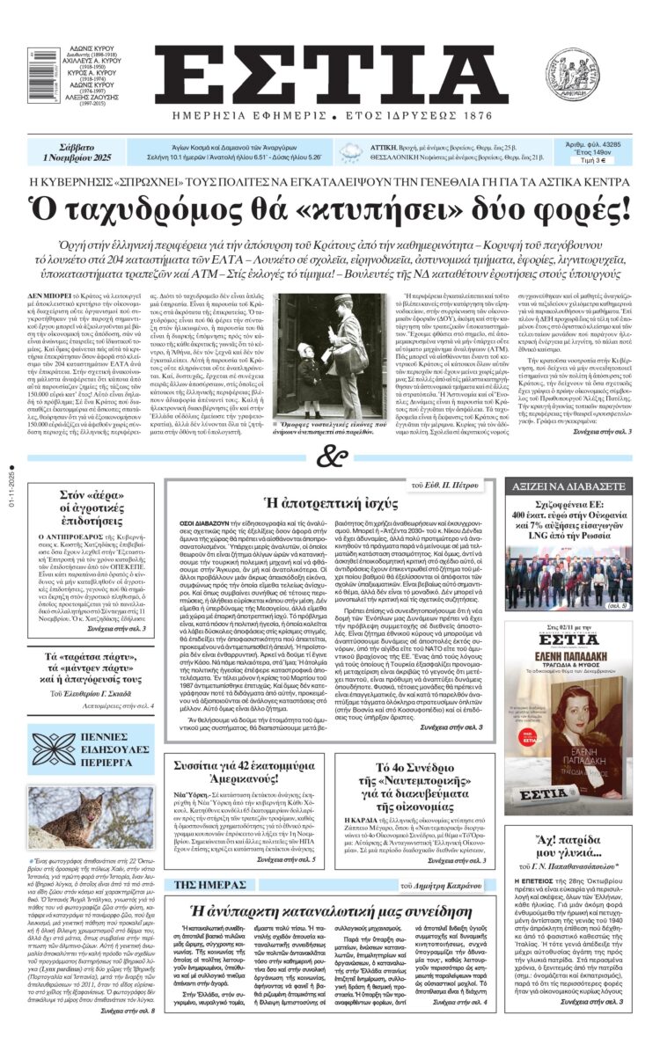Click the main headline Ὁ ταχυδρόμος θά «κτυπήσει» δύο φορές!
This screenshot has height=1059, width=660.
coord(329,208)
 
